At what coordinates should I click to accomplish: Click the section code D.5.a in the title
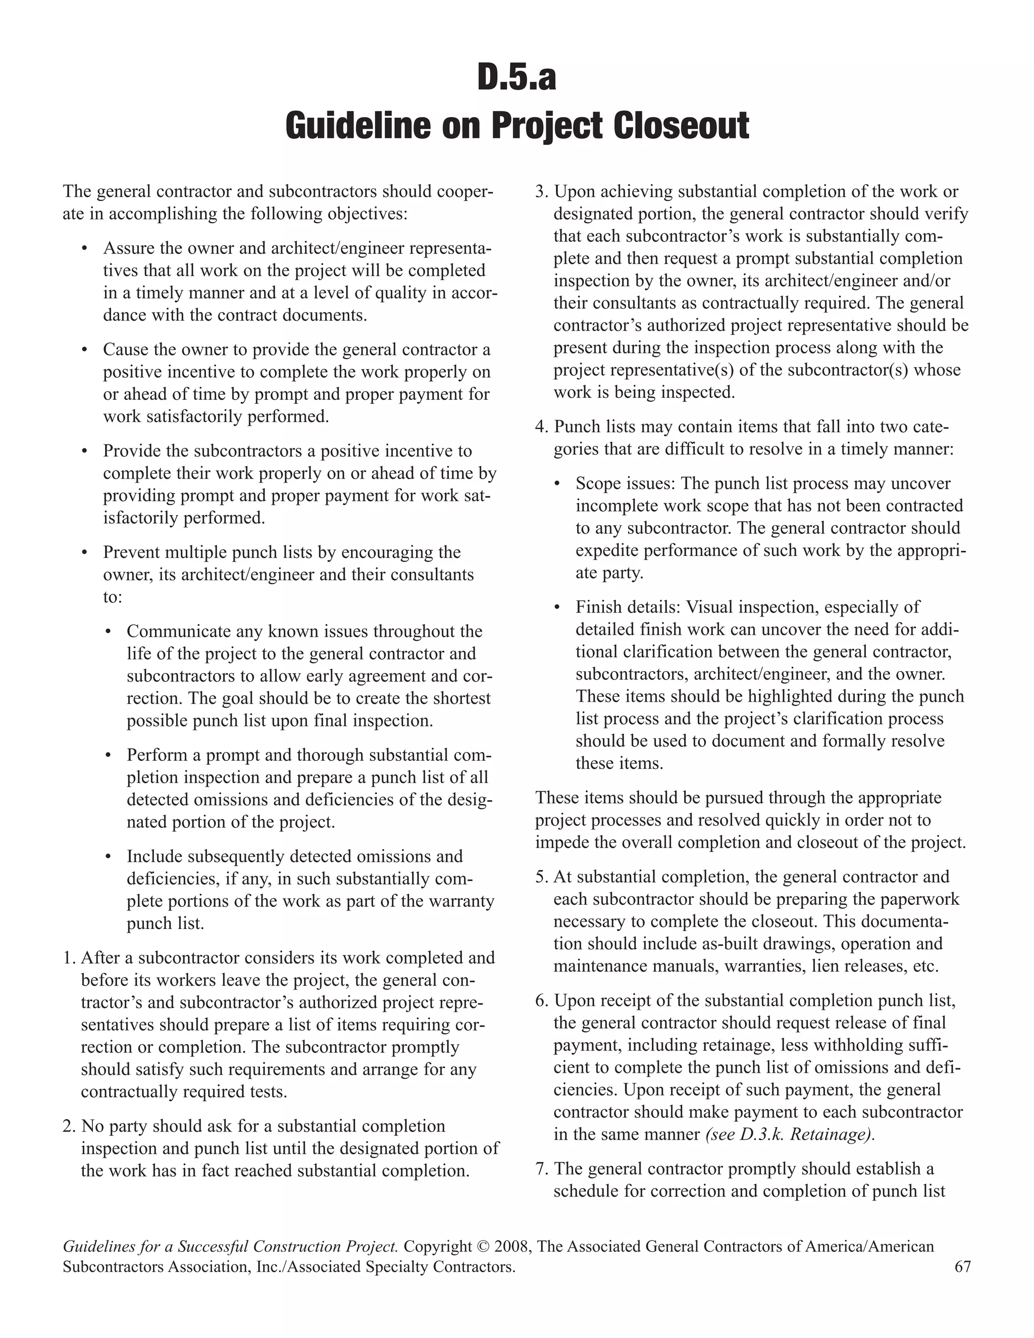pyautogui.click(x=516, y=78)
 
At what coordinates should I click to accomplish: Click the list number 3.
pyautogui.click(x=540, y=192)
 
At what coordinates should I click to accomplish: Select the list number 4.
pyautogui.click(x=540, y=427)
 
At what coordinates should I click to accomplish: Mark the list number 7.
pyautogui.click(x=540, y=1169)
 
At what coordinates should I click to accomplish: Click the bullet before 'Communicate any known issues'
pyautogui.click(x=109, y=632)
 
